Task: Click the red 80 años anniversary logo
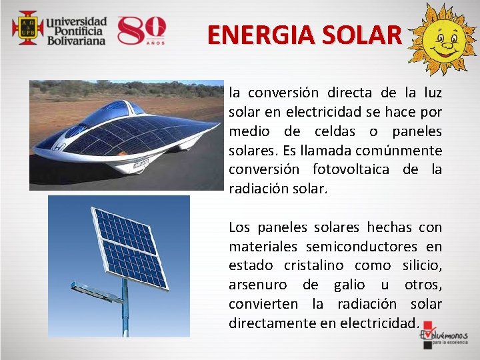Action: pos(141,29)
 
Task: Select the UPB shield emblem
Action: pos(27,27)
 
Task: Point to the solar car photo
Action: pos(127,135)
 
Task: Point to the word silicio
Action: pos(422,266)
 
